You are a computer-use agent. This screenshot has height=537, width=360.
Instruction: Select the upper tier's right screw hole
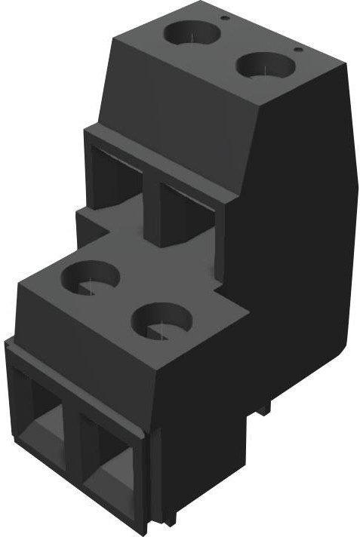tap(265, 65)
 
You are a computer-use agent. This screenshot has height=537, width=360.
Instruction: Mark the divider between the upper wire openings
tap(151, 207)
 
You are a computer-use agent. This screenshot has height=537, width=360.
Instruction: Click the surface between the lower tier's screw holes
tap(125, 298)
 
